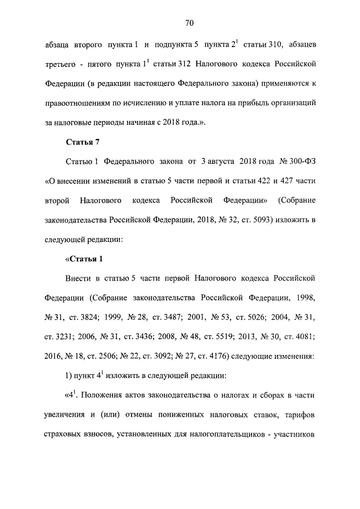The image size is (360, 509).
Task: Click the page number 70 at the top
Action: [189, 23]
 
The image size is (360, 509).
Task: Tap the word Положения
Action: [105, 394]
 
